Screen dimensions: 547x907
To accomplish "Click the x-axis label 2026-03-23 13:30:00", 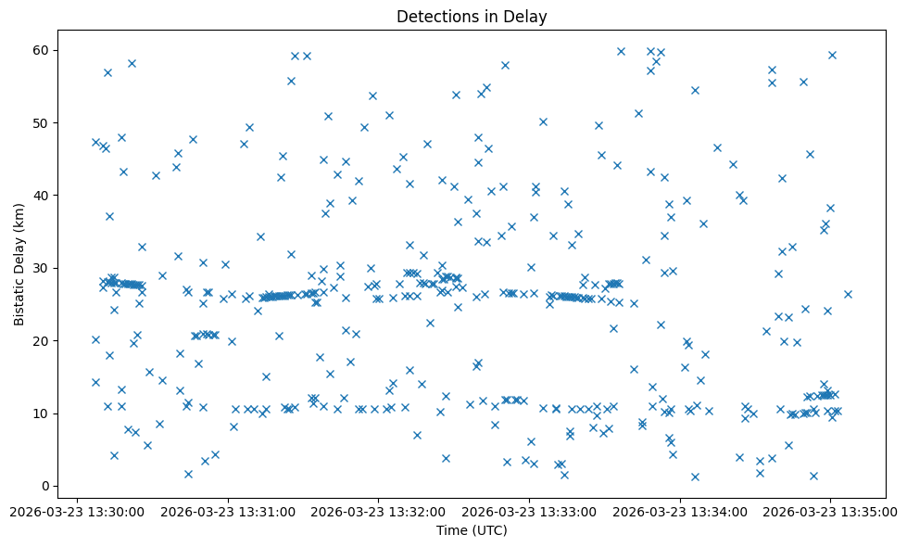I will tap(77, 511).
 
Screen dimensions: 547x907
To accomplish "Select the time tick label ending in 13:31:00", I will tap(228, 511).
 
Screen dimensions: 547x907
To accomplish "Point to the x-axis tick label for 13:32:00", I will tap(378, 511).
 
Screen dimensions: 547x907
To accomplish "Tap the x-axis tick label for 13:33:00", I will tap(529, 511).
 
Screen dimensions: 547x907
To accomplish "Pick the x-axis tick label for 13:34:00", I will tap(680, 511).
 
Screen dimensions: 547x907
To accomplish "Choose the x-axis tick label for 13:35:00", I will tap(830, 511).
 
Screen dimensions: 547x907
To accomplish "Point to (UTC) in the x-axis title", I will tap(489, 531).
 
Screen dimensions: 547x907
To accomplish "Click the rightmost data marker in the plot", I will tap(848, 294).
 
